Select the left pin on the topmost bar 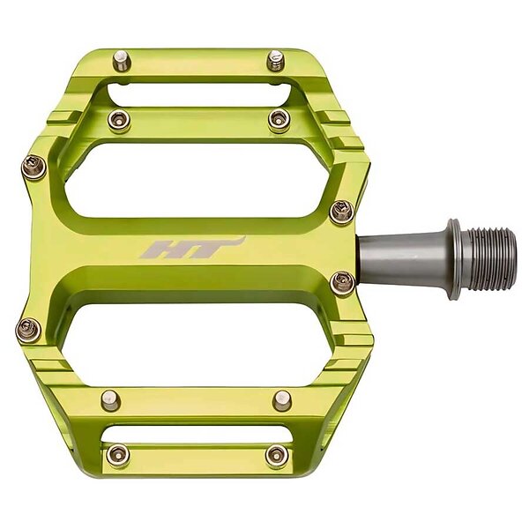tap(122, 62)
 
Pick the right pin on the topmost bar tap(276, 60)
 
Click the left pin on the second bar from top tap(118, 120)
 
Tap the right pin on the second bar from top tap(279, 119)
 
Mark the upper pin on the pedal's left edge tap(34, 167)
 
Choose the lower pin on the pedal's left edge tap(28, 330)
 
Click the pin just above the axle tap(342, 212)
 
